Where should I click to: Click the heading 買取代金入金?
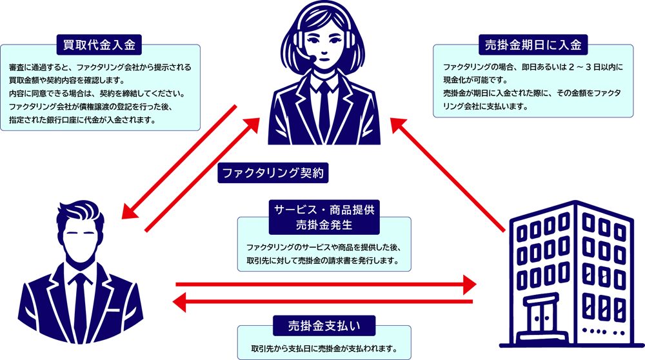99,45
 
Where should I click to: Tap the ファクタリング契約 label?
275,173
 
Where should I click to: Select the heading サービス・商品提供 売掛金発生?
322,217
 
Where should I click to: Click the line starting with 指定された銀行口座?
81,119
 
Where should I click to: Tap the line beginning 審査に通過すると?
101,67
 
